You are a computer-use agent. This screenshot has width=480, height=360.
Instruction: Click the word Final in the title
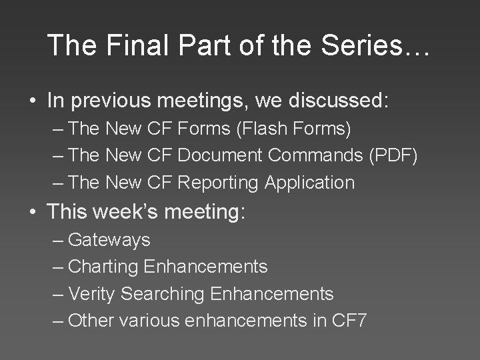(130, 45)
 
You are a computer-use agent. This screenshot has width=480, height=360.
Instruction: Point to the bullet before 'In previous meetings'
(31, 101)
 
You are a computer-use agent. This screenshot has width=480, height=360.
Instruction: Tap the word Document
(221, 155)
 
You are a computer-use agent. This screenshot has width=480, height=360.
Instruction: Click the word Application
(309, 182)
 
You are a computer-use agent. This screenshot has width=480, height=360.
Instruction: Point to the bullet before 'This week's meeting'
(31, 213)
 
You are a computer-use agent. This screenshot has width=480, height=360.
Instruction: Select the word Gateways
(109, 239)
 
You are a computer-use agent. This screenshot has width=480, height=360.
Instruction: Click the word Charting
(103, 267)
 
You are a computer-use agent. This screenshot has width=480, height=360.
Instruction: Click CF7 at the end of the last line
(349, 320)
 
